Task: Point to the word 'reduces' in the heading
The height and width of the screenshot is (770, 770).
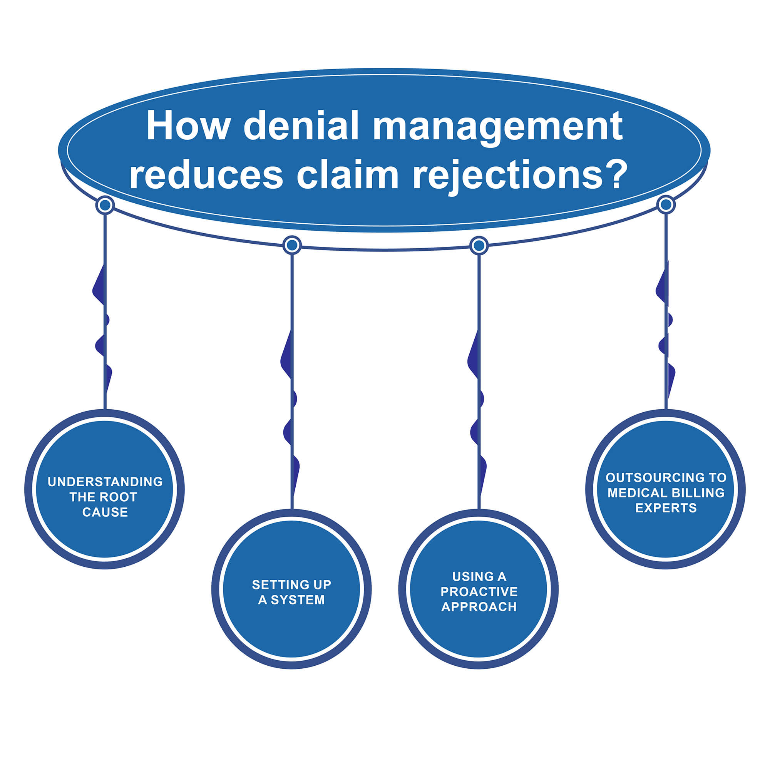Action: [206, 175]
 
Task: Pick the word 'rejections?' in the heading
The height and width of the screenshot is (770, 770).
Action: [520, 175]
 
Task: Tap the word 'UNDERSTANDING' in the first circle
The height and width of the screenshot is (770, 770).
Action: [105, 482]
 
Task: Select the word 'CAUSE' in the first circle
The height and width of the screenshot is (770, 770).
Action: [105, 512]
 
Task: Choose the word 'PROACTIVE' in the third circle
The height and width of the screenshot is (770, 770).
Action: [479, 592]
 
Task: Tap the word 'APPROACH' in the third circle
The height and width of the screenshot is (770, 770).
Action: [479, 607]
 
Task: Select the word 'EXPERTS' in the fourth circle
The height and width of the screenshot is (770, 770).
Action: [666, 508]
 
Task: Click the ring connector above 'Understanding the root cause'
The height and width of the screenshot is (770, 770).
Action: [105, 206]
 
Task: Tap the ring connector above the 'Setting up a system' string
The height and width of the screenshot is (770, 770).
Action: [292, 245]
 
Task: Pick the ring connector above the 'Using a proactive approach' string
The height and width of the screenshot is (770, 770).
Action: [479, 246]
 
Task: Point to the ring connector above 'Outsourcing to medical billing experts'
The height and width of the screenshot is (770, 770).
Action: [666, 205]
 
